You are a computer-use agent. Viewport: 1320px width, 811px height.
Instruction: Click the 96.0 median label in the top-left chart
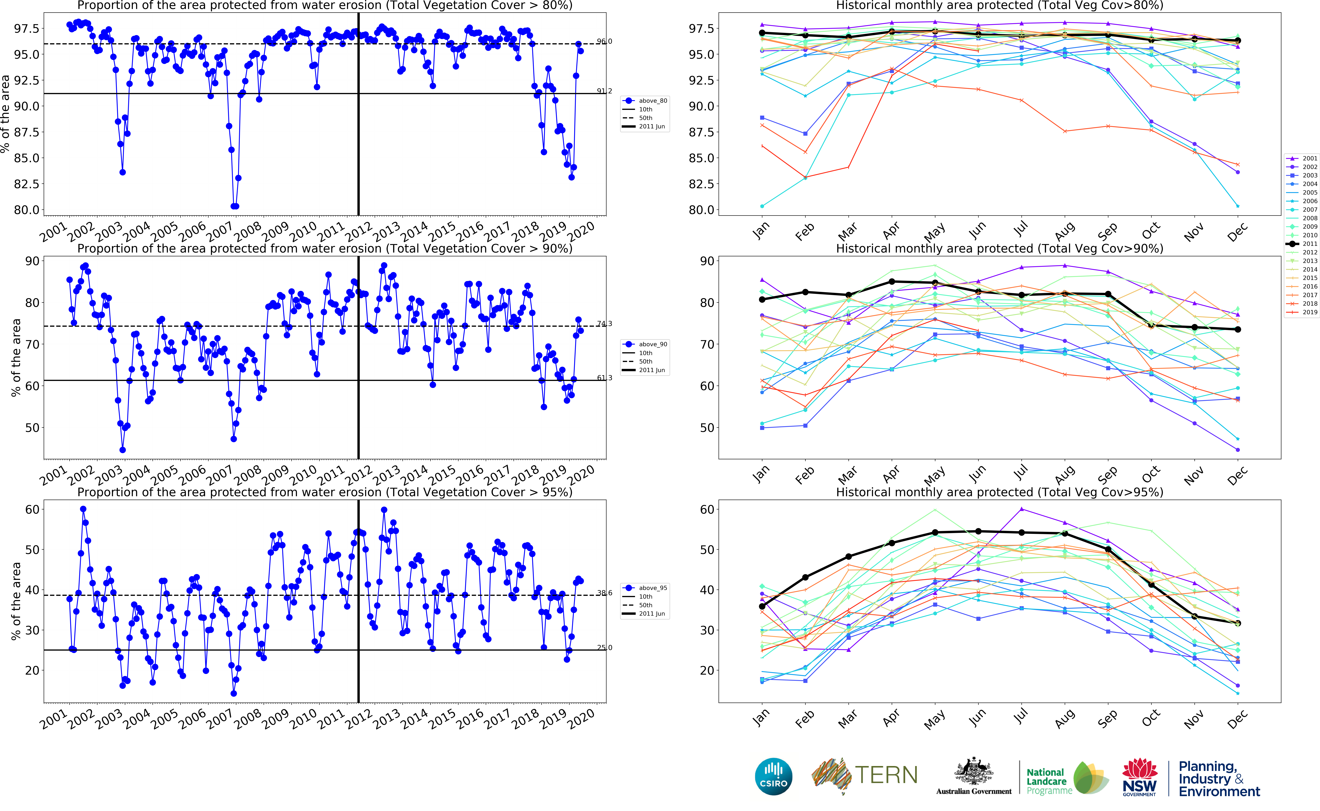point(604,41)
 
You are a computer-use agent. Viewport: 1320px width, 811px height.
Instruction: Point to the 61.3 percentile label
point(604,378)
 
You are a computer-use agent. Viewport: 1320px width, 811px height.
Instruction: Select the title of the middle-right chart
point(999,248)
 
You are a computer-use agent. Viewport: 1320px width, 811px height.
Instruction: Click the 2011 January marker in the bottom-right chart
point(762,607)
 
